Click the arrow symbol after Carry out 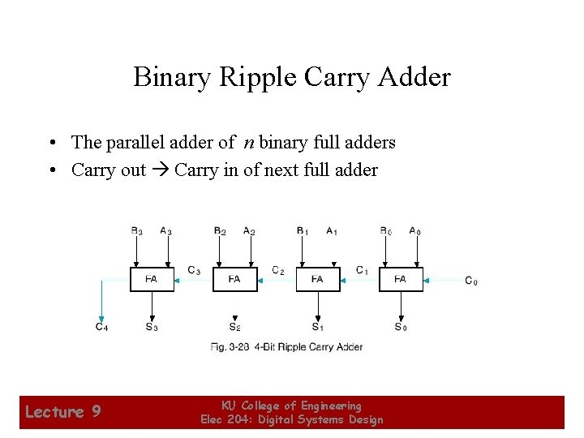(x=160, y=170)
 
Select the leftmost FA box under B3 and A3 (x=152, y=279)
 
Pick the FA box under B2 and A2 (x=234, y=279)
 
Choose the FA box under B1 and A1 (x=317, y=279)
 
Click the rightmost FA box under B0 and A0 (x=400, y=279)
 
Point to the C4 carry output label (x=101, y=327)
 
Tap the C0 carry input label (x=471, y=281)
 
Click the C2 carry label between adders (x=277, y=270)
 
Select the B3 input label (x=137, y=231)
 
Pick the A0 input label (x=414, y=231)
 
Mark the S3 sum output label (x=152, y=327)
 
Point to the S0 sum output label (x=400, y=327)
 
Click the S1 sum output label (x=317, y=327)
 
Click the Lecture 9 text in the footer (x=62, y=412)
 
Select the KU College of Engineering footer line (x=291, y=406)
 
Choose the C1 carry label (x=362, y=270)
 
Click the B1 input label (x=303, y=231)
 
